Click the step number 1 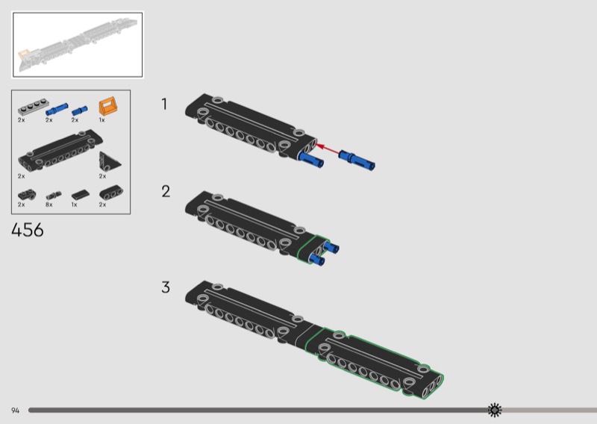pyautogui.click(x=164, y=104)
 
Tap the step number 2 pyautogui.click(x=166, y=191)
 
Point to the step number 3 pyautogui.click(x=166, y=287)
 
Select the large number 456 pyautogui.click(x=28, y=230)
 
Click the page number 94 pyautogui.click(x=15, y=411)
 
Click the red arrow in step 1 pyautogui.click(x=328, y=149)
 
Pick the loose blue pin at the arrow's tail pyautogui.click(x=357, y=160)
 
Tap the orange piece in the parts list pyautogui.click(x=108, y=106)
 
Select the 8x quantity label pyautogui.click(x=49, y=205)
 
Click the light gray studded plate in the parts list pyautogui.click(x=34, y=107)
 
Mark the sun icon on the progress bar pyautogui.click(x=495, y=410)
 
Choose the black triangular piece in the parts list pyautogui.click(x=109, y=162)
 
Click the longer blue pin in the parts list pyautogui.click(x=57, y=109)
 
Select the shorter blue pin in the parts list pyautogui.click(x=80, y=110)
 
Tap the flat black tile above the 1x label pyautogui.click(x=81, y=195)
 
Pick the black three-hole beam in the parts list pyautogui.click(x=110, y=193)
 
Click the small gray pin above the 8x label pyautogui.click(x=54, y=196)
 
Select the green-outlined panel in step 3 pyautogui.click(x=375, y=363)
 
